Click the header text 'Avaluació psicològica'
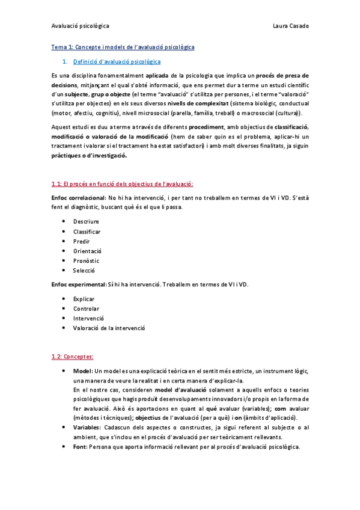[x=80, y=26]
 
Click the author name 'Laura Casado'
[x=290, y=26]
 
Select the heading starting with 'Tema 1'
[x=123, y=47]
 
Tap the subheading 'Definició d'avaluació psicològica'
[x=117, y=61]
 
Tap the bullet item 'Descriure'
[x=86, y=221]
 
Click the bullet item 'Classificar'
[x=87, y=231]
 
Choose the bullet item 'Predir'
[x=82, y=241]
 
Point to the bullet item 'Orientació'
[x=88, y=251]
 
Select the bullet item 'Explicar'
[x=84, y=298]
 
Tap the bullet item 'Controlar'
[x=86, y=308]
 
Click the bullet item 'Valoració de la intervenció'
[x=109, y=328]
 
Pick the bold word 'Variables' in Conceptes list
[x=87, y=427]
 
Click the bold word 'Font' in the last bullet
[x=79, y=446]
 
